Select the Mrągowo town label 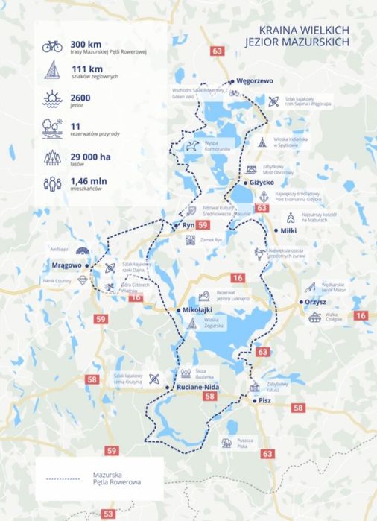[x=66, y=265]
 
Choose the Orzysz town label [x=316, y=302]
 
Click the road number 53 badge [x=109, y=514]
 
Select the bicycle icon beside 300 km [x=52, y=46]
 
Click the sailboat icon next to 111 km [x=52, y=71]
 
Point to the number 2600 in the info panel [x=80, y=98]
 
